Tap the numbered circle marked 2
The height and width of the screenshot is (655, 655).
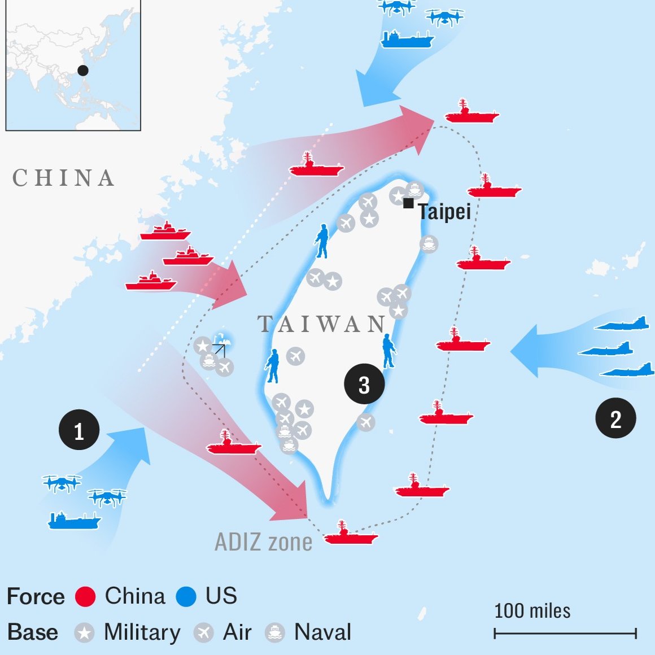pos(615,418)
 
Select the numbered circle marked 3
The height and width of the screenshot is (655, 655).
pos(364,384)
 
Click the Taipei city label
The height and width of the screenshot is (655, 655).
pos(444,212)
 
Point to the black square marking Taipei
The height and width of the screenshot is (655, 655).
pos(408,203)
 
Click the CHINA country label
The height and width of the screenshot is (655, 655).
pos(63,178)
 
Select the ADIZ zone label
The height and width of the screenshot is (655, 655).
pos(263,542)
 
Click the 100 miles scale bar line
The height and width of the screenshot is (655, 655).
pos(565,633)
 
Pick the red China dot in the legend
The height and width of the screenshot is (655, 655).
pos(85,596)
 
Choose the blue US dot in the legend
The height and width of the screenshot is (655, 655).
pos(186,596)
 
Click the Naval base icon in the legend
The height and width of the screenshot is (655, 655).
pos(275,633)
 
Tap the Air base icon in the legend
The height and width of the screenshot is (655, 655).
pos(204,633)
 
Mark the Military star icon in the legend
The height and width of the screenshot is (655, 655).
pos(84,633)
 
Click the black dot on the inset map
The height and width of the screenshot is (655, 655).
pos(83,70)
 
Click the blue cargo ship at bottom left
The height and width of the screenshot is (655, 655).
pos(74,520)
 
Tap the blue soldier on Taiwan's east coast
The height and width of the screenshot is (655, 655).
pos(388,351)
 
